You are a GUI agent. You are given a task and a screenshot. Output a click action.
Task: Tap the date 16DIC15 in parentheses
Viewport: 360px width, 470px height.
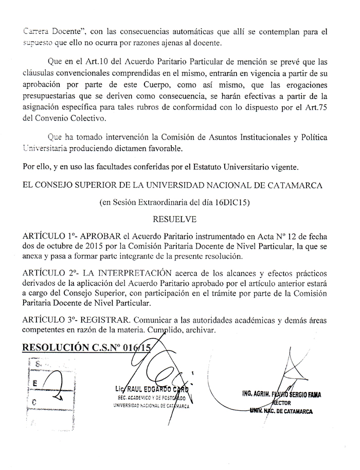tap(232, 203)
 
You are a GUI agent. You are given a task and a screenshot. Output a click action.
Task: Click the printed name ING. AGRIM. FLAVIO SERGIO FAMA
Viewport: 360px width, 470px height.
tap(281, 395)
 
